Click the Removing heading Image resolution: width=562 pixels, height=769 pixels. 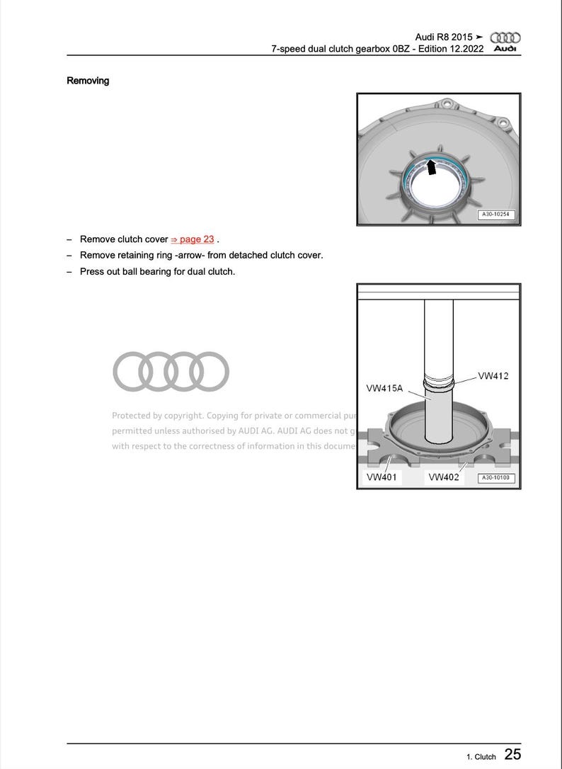88,81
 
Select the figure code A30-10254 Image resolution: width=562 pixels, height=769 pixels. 495,214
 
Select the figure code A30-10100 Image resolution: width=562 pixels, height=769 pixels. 495,478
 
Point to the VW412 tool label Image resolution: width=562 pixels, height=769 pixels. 493,376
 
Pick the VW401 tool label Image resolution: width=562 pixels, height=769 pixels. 381,477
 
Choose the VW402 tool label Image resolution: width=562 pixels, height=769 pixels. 444,477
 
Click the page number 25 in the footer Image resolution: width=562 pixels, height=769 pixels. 512,755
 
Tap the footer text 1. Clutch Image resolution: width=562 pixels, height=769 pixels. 481,757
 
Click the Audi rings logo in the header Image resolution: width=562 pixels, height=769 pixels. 505,37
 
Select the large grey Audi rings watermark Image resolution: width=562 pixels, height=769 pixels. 171,371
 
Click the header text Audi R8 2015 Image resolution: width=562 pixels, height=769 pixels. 443,37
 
